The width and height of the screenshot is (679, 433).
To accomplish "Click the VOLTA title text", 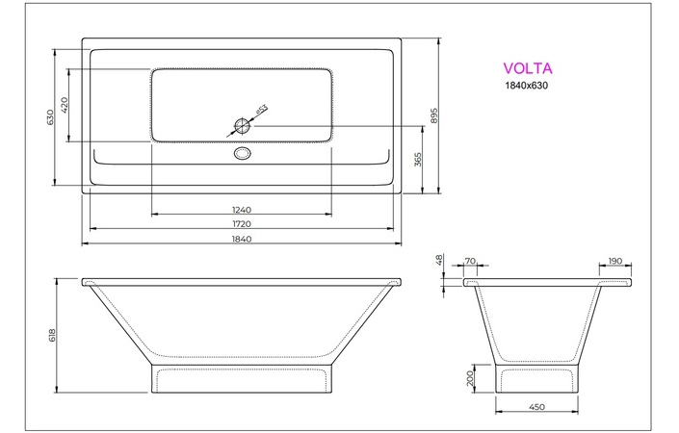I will pos(528,68).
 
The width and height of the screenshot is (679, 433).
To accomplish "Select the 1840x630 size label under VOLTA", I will pos(529,87).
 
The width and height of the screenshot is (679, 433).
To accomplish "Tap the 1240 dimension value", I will pos(241,210).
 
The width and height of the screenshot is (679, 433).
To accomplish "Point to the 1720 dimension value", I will pos(241,224).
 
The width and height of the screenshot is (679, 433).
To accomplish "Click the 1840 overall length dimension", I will pos(241,239).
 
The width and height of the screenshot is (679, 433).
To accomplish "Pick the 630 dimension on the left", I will pos(50,116).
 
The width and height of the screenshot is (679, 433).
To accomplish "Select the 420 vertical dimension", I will pos(65,105).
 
